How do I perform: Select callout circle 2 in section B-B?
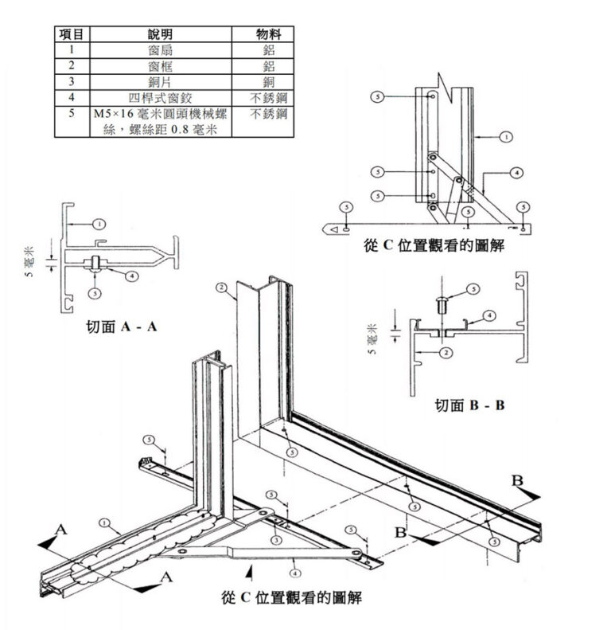tap(446, 351)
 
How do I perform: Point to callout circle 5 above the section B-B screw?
tap(473, 288)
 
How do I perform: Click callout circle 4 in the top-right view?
tap(516, 172)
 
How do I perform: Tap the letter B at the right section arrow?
tap(517, 480)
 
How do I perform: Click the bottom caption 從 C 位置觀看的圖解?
tap(293, 597)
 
